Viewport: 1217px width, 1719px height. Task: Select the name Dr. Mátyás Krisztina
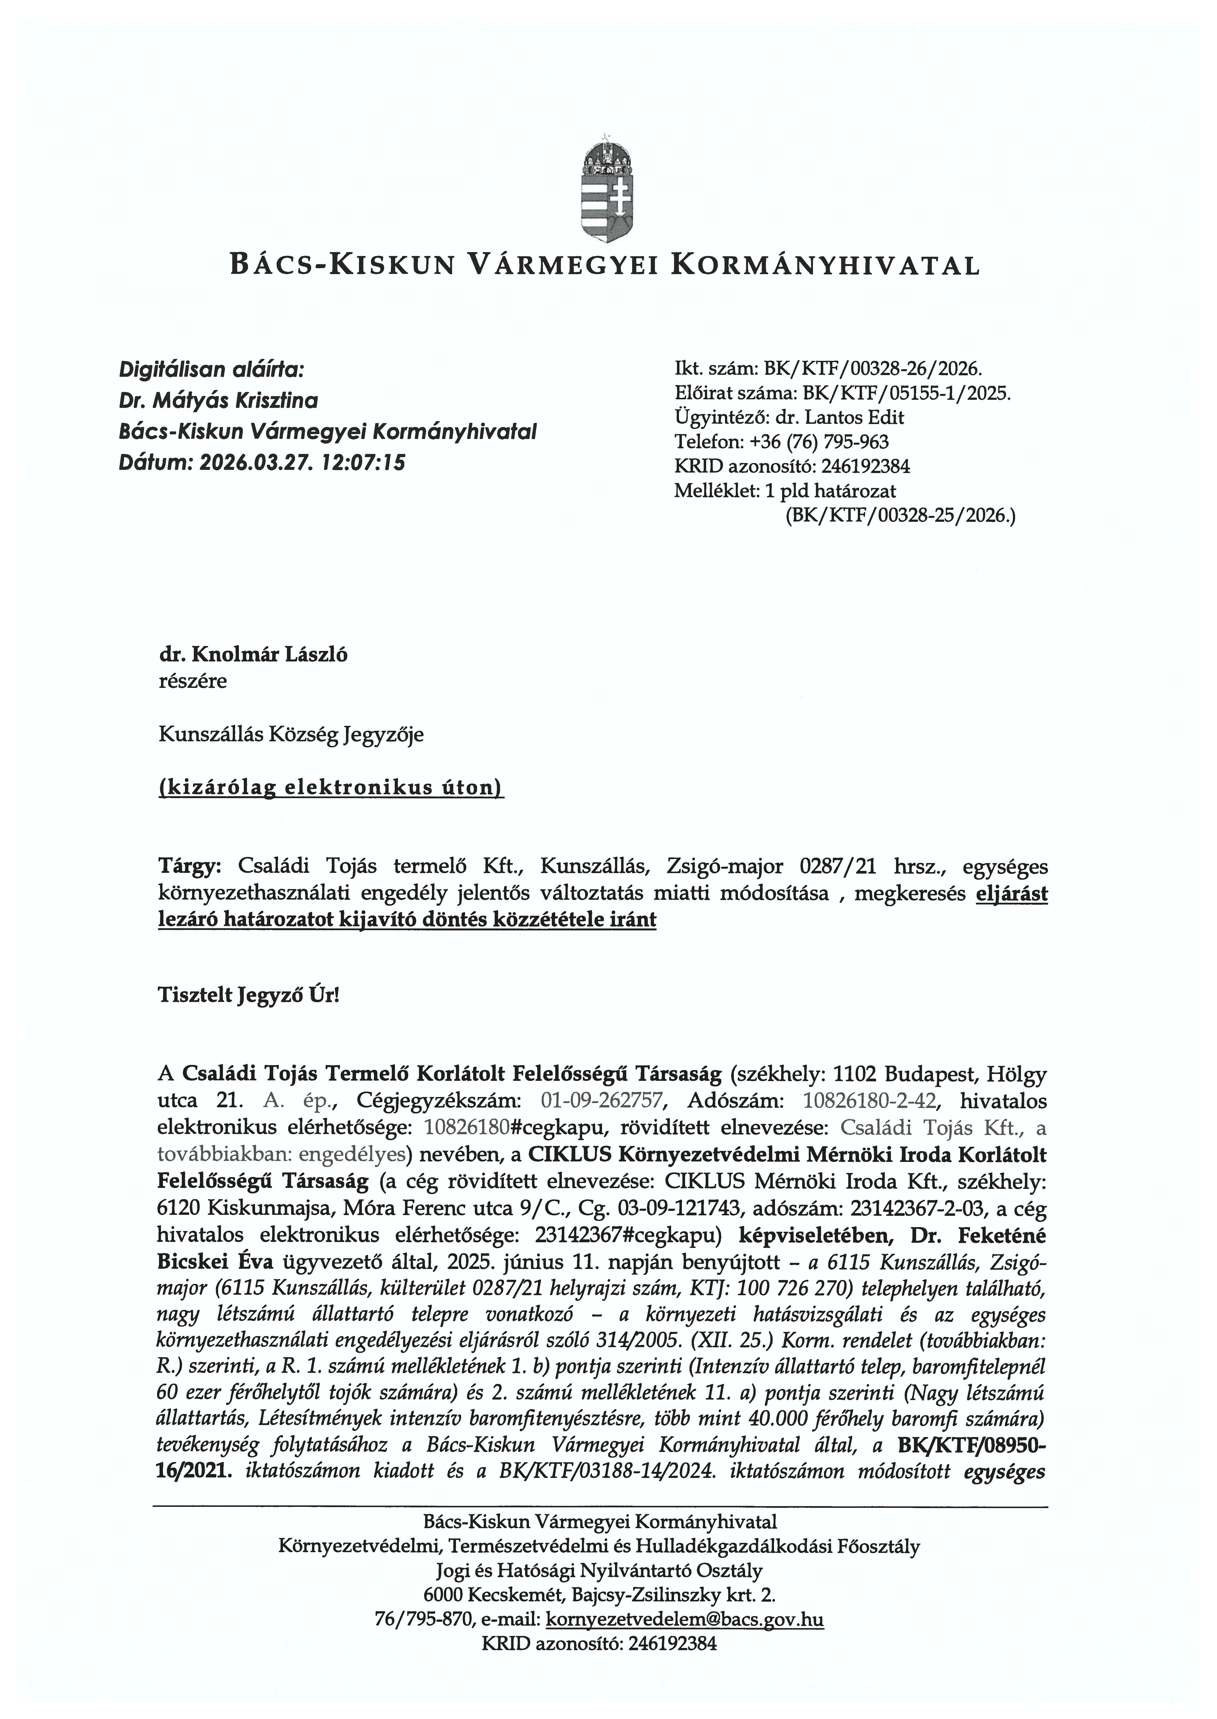point(218,401)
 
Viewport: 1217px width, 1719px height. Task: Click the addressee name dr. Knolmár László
point(253,655)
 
